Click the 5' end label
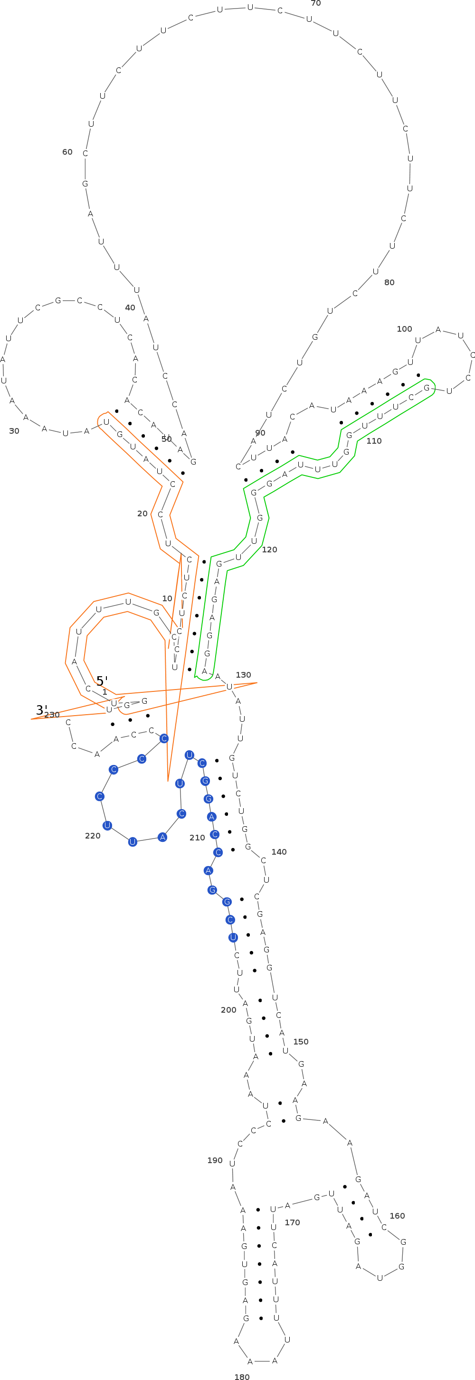[102, 681]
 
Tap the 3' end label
[41, 710]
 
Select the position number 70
[316, 4]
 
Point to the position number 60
[67, 152]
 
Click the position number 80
[389, 282]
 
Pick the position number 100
[404, 329]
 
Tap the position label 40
[130, 308]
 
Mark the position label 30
[14, 431]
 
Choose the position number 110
[374, 441]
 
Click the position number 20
[142, 513]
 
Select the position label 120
[269, 550]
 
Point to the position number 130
[243, 675]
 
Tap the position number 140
[279, 852]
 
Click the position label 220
[93, 836]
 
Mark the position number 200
[228, 1010]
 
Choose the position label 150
[301, 1042]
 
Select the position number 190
[214, 1160]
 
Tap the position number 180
[242, 1376]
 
